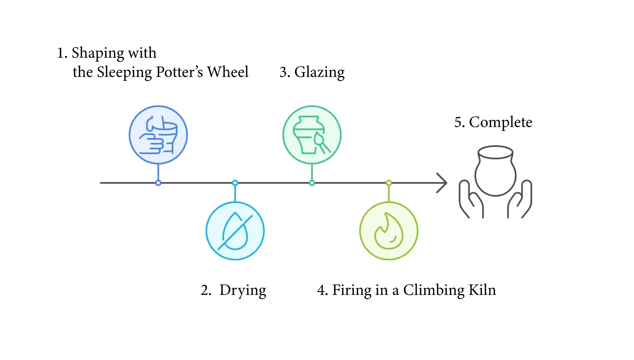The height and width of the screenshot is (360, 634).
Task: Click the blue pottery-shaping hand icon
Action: coord(158,135)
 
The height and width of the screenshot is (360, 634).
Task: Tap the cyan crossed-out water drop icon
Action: coord(235,231)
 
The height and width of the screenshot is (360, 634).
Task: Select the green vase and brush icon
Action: coord(312,135)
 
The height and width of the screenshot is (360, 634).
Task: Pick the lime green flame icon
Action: coord(389,231)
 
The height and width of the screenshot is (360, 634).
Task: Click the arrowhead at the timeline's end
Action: coord(443,183)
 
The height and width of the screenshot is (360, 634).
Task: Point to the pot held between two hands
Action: coord(496,171)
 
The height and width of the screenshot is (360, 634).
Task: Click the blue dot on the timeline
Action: coord(158,183)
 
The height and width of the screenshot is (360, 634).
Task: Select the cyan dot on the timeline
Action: coord(235,183)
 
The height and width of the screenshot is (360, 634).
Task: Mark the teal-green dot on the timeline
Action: coord(312,183)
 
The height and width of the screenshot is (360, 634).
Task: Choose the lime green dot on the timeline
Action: coord(389,183)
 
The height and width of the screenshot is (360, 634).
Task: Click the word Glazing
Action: coord(319,72)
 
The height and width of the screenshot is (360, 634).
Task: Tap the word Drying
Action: coord(243,290)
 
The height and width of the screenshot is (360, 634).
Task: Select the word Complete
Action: coord(500,122)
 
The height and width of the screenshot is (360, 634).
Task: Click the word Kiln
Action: coord(482,290)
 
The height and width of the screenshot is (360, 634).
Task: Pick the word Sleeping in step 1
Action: coord(124,72)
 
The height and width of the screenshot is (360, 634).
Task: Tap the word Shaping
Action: coord(98,53)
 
